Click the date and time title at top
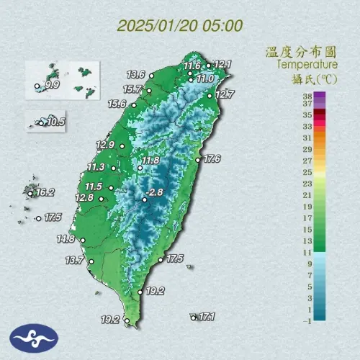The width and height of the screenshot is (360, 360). click(x=179, y=26)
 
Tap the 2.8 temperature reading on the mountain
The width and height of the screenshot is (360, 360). click(x=156, y=192)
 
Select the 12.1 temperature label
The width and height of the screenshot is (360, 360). click(x=222, y=65)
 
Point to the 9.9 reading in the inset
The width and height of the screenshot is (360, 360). click(x=51, y=86)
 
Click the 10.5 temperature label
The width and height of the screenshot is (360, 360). click(x=54, y=122)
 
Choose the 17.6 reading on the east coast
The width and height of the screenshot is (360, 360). click(x=212, y=158)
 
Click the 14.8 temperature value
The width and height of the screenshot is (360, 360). click(x=66, y=238)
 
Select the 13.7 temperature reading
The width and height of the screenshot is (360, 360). click(x=75, y=260)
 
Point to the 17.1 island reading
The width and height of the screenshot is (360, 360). click(x=208, y=316)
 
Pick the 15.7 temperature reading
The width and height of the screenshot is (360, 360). click(x=132, y=89)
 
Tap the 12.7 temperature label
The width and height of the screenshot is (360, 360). click(x=225, y=94)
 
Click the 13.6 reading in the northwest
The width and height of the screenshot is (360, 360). click(x=136, y=74)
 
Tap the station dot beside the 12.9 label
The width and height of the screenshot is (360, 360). click(x=122, y=146)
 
